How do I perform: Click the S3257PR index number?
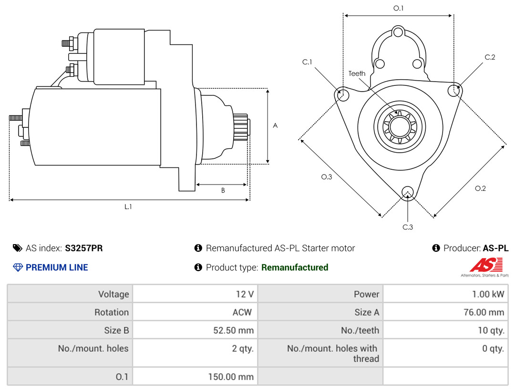click(84, 248)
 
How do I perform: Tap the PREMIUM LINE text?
click(57, 268)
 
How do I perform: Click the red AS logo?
click(486, 265)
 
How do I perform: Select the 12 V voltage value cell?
click(195, 294)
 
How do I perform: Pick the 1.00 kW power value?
click(488, 294)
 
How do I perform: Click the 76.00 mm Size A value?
click(484, 312)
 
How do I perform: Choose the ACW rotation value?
click(242, 312)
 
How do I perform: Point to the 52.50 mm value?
click(234, 330)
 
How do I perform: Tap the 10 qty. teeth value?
click(491, 330)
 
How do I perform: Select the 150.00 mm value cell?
click(195, 377)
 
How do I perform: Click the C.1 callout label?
click(307, 62)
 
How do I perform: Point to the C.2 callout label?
click(490, 57)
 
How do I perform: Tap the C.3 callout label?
click(408, 227)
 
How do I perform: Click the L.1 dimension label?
click(128, 206)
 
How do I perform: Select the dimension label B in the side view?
click(223, 190)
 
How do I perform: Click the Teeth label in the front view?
click(357, 73)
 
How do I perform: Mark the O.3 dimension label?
click(327, 177)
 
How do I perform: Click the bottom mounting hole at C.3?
click(408, 193)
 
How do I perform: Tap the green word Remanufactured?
click(295, 268)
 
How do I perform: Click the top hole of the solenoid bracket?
click(398, 32)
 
